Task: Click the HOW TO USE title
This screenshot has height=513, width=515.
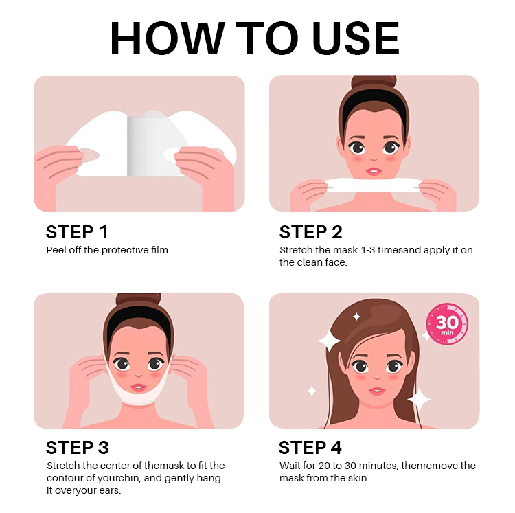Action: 255,38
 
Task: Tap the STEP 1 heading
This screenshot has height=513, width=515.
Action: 77,232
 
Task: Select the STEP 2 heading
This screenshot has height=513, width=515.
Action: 310,232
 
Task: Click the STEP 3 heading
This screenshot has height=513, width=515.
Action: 78,447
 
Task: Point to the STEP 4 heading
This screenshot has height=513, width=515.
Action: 310,447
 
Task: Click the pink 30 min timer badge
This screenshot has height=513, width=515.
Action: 447,324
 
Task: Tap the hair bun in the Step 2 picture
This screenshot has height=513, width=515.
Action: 374,82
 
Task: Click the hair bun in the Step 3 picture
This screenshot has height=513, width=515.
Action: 139,300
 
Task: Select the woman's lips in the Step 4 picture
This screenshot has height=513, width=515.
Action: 376,391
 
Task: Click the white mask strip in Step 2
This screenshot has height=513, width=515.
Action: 373,185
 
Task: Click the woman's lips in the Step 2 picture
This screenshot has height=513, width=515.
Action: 374,171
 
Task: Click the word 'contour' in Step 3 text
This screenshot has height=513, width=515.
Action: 64,478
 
